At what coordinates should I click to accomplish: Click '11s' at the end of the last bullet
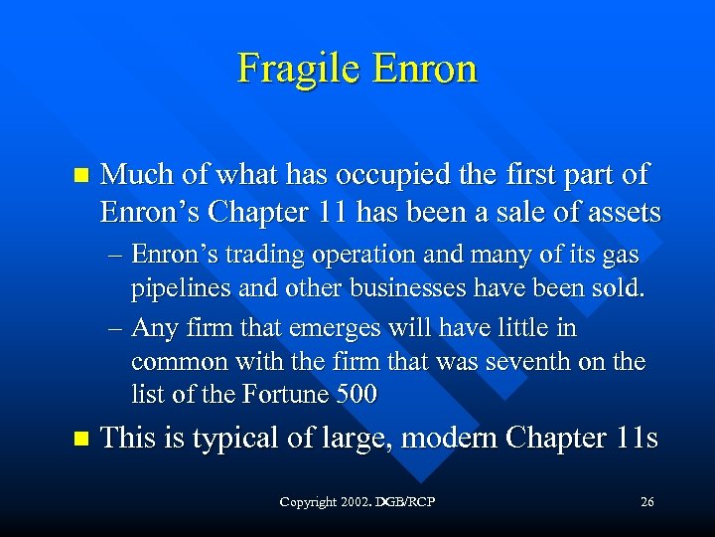(x=637, y=439)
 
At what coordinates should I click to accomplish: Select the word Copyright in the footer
(x=308, y=502)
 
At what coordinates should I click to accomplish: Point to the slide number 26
(x=647, y=502)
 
